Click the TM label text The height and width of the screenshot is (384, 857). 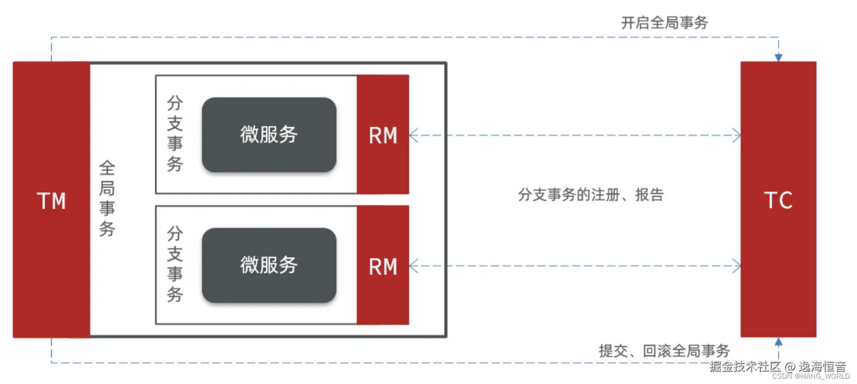51,201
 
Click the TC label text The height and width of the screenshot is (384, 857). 778,200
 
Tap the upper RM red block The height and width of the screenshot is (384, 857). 383,135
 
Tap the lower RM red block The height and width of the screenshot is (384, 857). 383,266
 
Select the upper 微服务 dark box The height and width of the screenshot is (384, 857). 269,135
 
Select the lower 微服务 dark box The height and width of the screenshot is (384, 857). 269,265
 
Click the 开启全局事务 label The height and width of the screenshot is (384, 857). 664,23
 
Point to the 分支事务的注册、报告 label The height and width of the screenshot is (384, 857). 590,195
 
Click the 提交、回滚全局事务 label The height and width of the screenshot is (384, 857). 664,351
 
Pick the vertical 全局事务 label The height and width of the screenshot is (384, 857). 107,198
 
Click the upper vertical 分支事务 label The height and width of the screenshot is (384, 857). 175,134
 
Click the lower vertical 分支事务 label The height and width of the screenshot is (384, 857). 175,264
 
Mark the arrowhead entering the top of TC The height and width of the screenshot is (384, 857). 778,57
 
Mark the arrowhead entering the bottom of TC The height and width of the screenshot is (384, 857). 778,342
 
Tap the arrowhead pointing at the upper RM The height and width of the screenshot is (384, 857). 413,136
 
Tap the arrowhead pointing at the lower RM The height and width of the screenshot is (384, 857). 413,266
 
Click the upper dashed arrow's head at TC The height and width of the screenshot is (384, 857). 737,136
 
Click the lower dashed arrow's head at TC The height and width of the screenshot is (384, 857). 737,266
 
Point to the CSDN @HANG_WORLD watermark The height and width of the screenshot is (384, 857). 811,376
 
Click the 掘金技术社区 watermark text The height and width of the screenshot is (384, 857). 745,367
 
